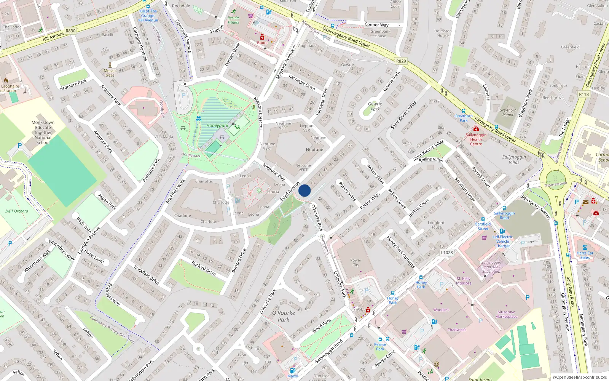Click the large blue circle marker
click(x=304, y=190)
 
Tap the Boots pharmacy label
click(x=262, y=43)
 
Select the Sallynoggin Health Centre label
click(x=476, y=139)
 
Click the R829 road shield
click(x=401, y=61)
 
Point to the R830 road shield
click(x=70, y=31)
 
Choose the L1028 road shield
click(x=447, y=252)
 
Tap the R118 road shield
click(x=583, y=94)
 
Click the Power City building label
click(x=356, y=263)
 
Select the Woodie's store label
click(x=441, y=310)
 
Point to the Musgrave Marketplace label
click(x=506, y=314)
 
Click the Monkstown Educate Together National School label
click(x=43, y=132)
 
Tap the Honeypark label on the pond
click(x=217, y=125)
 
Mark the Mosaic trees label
click(x=110, y=73)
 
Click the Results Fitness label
click(x=234, y=20)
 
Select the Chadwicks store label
click(x=457, y=330)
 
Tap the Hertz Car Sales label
click(x=585, y=255)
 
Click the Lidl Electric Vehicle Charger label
click(x=502, y=241)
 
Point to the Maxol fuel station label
click(x=293, y=376)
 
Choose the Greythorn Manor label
click(x=508, y=112)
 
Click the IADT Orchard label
click(x=17, y=211)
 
